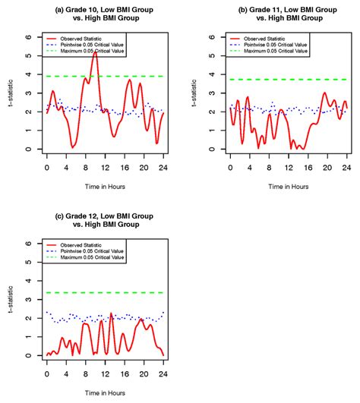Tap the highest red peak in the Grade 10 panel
(x=95, y=52)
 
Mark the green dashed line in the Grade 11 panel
(x=289, y=80)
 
